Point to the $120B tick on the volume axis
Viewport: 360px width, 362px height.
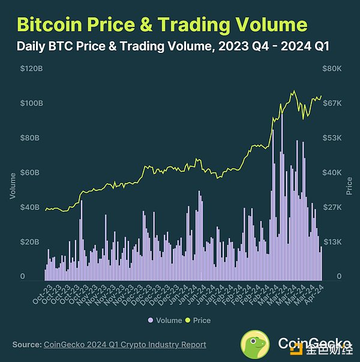[x=32, y=68]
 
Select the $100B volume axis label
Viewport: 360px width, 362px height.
[x=32, y=103]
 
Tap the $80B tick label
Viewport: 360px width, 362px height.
[x=32, y=138]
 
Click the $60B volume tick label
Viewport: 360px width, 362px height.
[x=32, y=173]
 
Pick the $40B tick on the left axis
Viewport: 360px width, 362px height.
[x=32, y=208]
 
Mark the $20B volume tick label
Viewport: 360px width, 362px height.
[x=32, y=242]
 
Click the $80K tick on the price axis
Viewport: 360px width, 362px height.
[x=332, y=68]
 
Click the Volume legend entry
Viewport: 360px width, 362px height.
[x=165, y=321]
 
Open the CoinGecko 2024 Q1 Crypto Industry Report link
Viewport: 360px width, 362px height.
[x=125, y=345]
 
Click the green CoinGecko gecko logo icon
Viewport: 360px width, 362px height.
[x=256, y=344]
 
